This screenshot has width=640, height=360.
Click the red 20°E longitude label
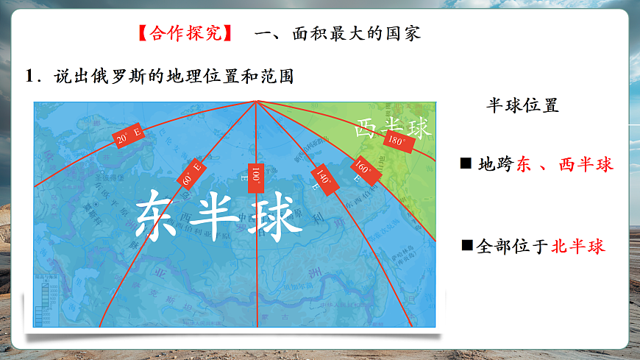click(x=127, y=135)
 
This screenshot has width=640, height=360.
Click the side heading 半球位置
click(x=522, y=105)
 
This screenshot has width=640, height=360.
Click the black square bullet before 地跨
click(x=466, y=163)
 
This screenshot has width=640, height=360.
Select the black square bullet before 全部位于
click(x=466, y=244)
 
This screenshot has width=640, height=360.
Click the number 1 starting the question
click(x=30, y=77)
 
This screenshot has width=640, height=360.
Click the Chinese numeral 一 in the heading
click(x=263, y=34)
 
